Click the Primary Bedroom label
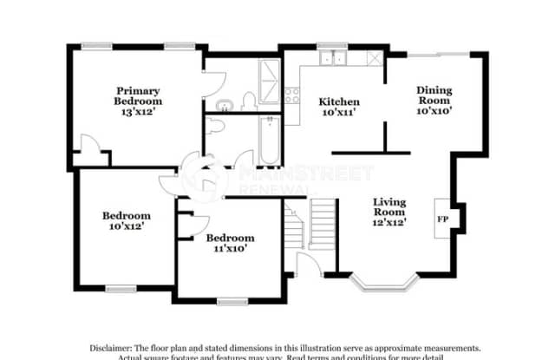click(139, 95)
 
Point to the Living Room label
click(389, 212)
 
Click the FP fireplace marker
click(441, 219)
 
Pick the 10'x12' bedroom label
click(126, 220)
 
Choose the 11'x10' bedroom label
click(230, 242)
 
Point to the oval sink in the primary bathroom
click(225, 106)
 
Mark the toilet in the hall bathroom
click(218, 127)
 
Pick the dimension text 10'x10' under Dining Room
click(434, 110)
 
